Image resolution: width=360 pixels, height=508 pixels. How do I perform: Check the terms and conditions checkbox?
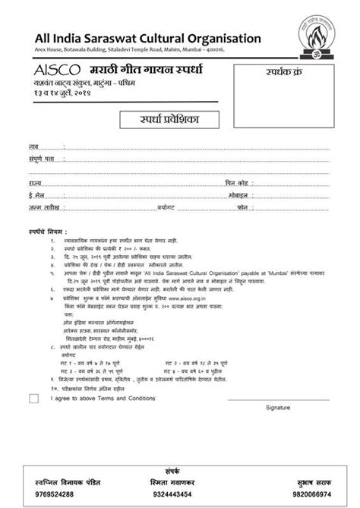pyautogui.click(x=33, y=397)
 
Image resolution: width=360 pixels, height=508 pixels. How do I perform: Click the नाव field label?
pyautogui.click(x=33, y=144)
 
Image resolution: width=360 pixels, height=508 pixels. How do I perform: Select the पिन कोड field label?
pyautogui.click(x=237, y=183)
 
